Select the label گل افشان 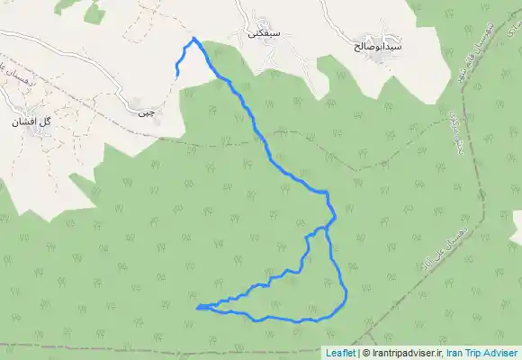[x=33, y=120]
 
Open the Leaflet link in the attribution [x=339, y=354]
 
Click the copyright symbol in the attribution [x=362, y=354]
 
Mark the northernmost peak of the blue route [x=193, y=38]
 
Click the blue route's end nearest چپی [x=176, y=74]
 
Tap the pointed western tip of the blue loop [x=196, y=308]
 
